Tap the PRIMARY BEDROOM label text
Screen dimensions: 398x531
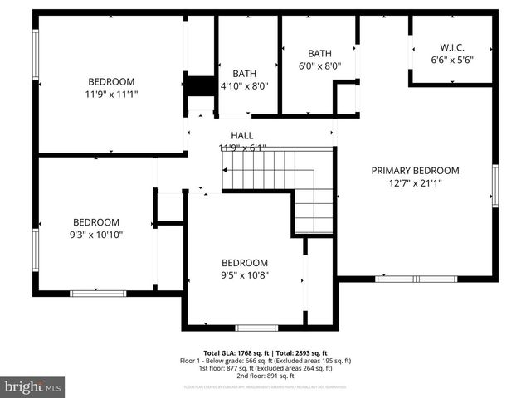pos(415,171)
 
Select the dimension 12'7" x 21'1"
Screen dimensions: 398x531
pos(415,184)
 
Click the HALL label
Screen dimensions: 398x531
pos(242,135)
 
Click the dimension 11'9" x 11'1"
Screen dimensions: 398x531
pos(111,95)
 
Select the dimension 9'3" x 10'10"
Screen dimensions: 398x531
pos(96,235)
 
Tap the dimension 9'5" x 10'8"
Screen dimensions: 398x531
pos(244,275)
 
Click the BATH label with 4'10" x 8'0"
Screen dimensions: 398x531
pos(245,73)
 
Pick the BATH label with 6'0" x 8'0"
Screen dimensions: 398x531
pos(319,53)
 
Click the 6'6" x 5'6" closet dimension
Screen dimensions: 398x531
pos(452,60)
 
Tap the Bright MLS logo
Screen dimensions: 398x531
pos(32,386)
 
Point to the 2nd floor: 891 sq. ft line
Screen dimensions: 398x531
pos(265,376)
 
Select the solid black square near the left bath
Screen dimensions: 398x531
pos(199,86)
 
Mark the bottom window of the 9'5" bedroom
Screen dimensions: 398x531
pos(256,328)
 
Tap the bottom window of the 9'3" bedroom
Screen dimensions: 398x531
pos(98,293)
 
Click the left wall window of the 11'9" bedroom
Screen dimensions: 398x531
pos(36,55)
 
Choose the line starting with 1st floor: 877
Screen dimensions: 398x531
pos(265,368)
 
